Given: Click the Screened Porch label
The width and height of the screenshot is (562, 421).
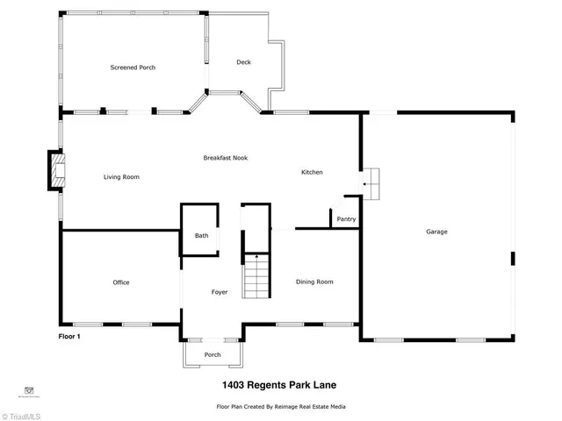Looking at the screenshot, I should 133,68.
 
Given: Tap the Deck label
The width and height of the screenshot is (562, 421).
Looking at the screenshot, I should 243,62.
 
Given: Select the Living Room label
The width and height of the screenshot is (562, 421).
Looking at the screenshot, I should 121,177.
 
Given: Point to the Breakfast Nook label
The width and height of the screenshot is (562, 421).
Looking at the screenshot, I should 226,158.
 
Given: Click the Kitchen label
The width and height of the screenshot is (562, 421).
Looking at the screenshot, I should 312,172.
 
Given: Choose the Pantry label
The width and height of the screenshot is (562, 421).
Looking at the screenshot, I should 346,219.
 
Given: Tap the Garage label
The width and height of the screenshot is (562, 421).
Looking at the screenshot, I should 436,232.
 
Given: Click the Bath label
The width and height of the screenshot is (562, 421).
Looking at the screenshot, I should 201,236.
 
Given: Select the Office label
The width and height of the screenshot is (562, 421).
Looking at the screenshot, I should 121,282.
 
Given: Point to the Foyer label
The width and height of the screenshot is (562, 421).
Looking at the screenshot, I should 220,292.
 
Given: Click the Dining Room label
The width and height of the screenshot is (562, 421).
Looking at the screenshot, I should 314,282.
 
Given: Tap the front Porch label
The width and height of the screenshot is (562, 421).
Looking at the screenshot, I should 213,355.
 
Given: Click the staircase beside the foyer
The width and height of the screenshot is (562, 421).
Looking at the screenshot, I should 254,276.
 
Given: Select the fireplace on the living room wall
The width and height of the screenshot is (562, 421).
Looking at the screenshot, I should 56,170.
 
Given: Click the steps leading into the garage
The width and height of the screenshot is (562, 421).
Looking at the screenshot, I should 374,183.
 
